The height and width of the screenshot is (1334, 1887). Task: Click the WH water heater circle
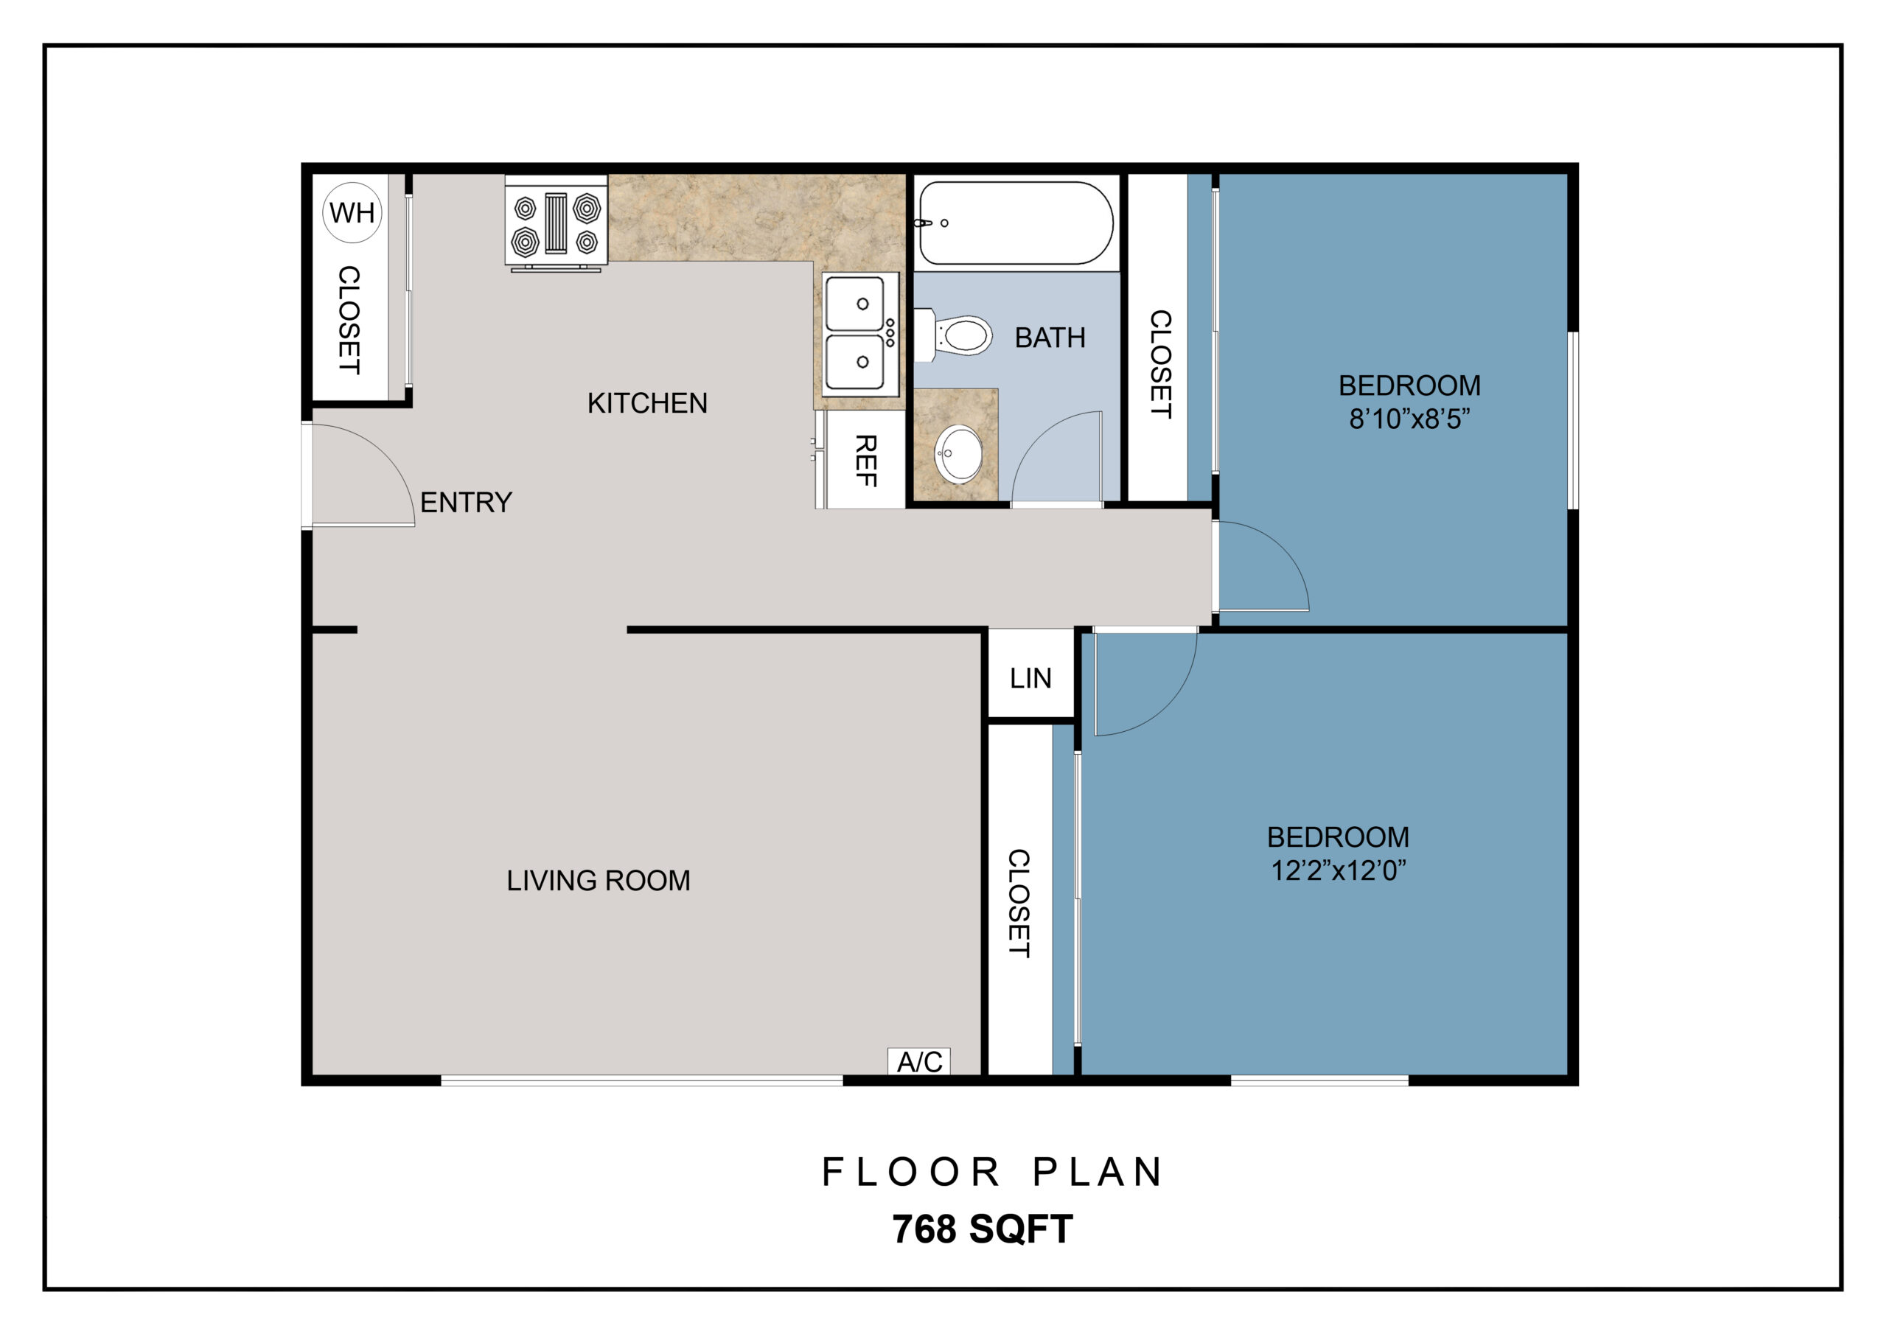pos(352,212)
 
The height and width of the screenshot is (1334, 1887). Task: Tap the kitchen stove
pos(556,223)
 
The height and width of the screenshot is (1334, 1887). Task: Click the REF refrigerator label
pos(866,461)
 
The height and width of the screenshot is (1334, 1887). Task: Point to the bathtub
pos(1015,223)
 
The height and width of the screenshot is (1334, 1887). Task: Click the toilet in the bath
pos(953,335)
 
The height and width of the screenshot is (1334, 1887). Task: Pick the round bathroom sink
pos(958,455)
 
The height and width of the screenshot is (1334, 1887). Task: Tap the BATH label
pos(1050,337)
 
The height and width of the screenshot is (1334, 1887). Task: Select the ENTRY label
pos(466,501)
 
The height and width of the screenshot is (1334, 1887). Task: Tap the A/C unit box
pos(919,1061)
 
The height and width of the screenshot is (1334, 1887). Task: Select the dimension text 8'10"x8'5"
pos(1409,419)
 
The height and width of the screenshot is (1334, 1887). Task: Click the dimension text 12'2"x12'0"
pos(1338,870)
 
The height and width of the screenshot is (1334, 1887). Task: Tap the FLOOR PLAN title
pos(991,1172)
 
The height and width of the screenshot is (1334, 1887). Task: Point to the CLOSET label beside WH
pos(349,319)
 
